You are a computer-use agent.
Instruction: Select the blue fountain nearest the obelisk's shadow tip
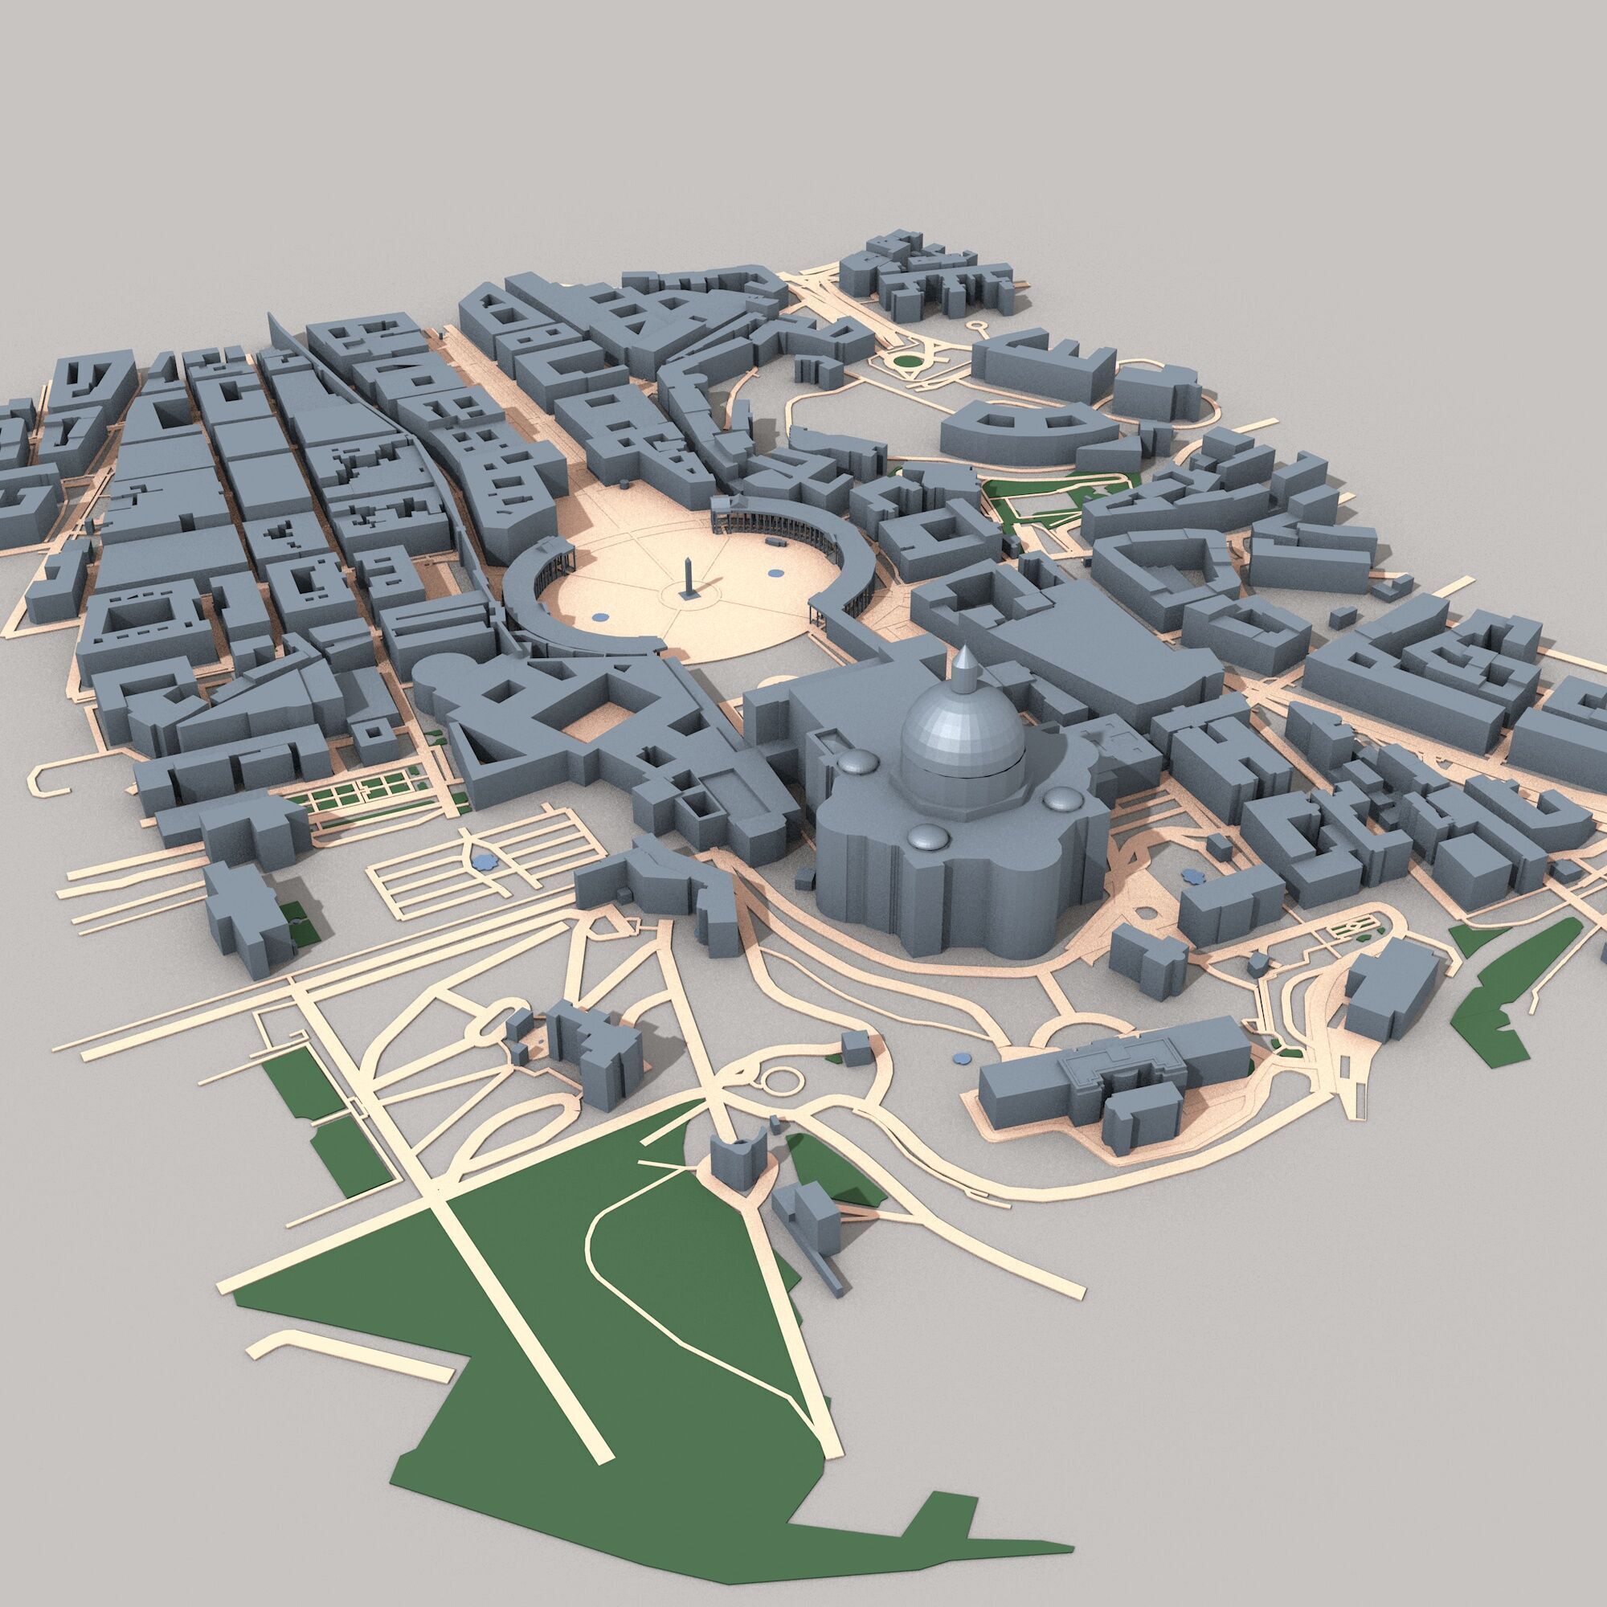(x=775, y=572)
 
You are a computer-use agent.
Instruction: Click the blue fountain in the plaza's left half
(x=598, y=616)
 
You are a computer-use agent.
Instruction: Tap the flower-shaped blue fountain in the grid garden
(x=481, y=860)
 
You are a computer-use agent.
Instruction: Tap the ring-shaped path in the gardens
(x=780, y=1082)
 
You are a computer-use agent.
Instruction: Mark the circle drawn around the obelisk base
(x=687, y=595)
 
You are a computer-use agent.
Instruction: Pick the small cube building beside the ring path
(x=854, y=1045)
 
